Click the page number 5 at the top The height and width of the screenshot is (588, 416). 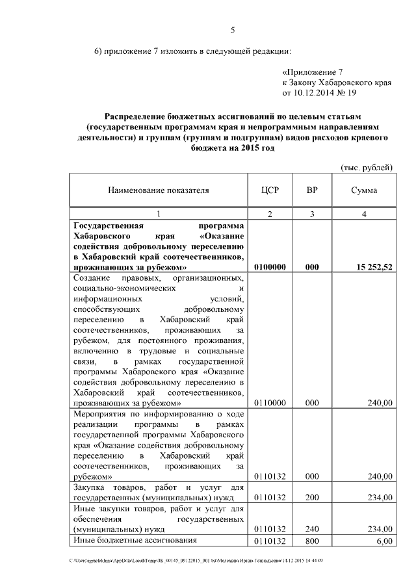(232, 30)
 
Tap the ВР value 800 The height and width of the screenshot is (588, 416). (312, 541)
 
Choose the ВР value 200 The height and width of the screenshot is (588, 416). (312, 498)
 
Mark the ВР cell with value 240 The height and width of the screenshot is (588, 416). (312, 530)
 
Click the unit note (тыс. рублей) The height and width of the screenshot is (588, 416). (367, 168)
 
